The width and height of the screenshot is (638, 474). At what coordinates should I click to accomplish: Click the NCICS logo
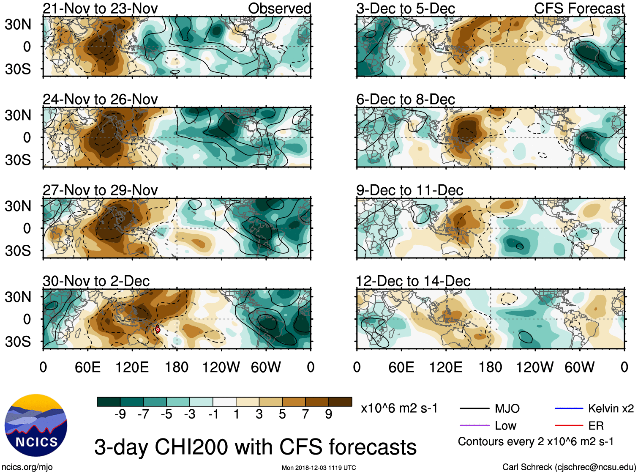pos(36,425)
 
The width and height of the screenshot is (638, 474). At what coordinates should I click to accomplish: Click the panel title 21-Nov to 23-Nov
pos(100,8)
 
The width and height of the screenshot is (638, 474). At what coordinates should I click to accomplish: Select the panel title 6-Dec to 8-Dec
pos(406,99)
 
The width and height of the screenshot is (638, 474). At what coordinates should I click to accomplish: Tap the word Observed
pos(280,8)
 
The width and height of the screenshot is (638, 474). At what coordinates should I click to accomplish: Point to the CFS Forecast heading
pos(579,8)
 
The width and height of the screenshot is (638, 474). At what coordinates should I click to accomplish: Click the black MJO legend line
pos(474,408)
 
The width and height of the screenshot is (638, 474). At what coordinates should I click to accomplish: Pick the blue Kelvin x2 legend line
pos(569,408)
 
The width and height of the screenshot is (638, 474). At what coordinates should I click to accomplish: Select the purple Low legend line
pos(474,425)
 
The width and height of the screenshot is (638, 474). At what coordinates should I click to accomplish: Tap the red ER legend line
pos(569,425)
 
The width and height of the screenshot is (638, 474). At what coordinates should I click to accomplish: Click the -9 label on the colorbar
pos(120,414)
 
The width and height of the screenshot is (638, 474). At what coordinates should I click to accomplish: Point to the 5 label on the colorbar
pos(282,414)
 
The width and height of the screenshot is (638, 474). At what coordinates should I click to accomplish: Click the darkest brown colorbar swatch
pos(340,402)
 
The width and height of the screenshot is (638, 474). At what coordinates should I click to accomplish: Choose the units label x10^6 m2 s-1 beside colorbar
pos(399,408)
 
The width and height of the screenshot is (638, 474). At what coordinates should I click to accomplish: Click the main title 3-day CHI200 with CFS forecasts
pos(255,447)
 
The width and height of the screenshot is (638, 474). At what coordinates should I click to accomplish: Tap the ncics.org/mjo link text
pos(27,467)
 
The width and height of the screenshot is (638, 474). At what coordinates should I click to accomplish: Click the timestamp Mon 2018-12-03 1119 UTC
pos(319,468)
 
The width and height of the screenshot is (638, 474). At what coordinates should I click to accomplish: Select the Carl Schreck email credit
pos(569,467)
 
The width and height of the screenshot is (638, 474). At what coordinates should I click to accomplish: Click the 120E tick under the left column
pos(132,367)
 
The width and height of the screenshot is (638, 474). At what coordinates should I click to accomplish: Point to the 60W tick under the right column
pos(579,367)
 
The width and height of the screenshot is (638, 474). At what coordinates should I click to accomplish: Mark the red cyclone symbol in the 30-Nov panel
pos(158,329)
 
